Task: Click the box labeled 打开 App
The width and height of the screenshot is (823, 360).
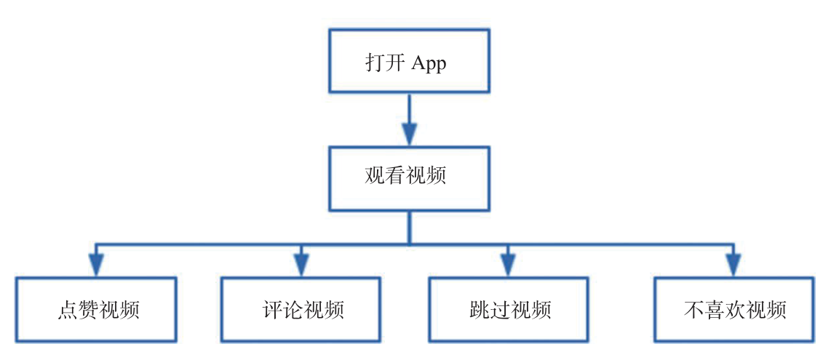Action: click(x=409, y=61)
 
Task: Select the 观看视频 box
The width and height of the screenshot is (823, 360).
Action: click(x=409, y=178)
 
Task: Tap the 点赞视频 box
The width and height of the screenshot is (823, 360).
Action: click(x=96, y=310)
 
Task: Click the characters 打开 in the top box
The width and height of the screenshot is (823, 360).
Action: click(x=385, y=63)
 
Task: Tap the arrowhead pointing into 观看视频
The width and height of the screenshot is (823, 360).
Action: click(x=409, y=135)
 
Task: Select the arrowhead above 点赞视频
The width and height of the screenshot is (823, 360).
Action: click(x=96, y=265)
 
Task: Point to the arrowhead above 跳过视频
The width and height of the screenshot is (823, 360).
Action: click(x=507, y=265)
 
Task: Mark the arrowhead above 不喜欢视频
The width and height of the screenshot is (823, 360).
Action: click(x=734, y=265)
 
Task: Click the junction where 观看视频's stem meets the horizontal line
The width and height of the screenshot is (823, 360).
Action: click(x=409, y=244)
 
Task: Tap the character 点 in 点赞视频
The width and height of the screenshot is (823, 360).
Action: click(x=65, y=311)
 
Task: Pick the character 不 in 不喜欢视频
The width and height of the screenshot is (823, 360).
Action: click(x=694, y=311)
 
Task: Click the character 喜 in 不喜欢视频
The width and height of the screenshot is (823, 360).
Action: click(x=715, y=311)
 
